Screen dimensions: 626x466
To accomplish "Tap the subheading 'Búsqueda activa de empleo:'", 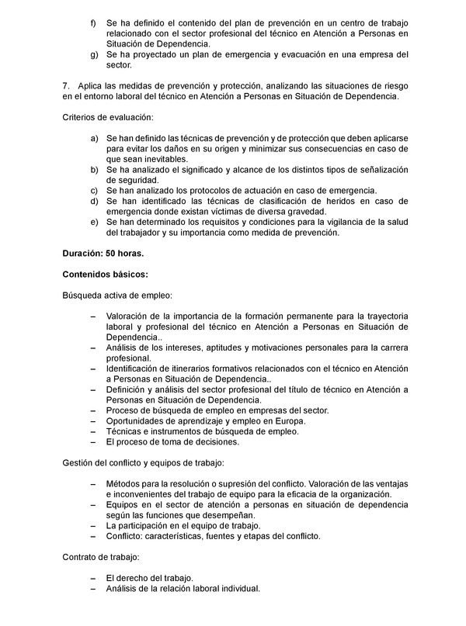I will [117, 295].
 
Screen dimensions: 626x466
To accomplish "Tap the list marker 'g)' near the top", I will [94, 55].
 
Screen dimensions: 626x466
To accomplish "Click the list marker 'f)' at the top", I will [94, 24].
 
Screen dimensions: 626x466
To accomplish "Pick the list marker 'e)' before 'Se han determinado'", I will [94, 222].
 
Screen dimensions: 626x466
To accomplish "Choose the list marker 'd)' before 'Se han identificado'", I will [94, 201].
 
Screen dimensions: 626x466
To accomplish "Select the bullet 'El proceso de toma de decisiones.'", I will [172, 441].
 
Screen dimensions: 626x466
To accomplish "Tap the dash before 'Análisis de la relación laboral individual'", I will [94, 589].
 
